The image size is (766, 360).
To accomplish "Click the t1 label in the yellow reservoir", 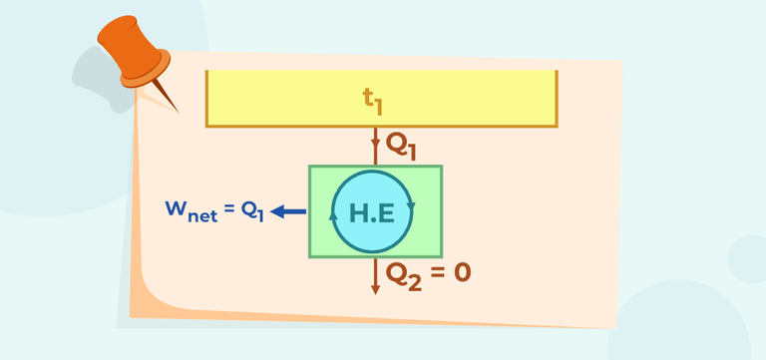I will click(374, 99).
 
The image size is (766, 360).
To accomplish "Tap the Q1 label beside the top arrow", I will click(402, 146).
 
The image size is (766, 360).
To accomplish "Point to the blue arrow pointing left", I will click(288, 210).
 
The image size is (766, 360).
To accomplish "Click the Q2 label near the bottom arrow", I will click(404, 273).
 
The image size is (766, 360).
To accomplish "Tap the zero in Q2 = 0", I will click(460, 271).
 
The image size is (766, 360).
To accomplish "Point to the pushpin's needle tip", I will click(180, 111).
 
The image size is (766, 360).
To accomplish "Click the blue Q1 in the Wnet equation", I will click(250, 211).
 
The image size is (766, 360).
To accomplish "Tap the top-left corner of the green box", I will click(310, 167).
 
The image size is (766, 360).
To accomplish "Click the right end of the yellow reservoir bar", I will click(555, 99).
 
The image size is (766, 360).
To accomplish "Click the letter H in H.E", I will click(357, 211).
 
